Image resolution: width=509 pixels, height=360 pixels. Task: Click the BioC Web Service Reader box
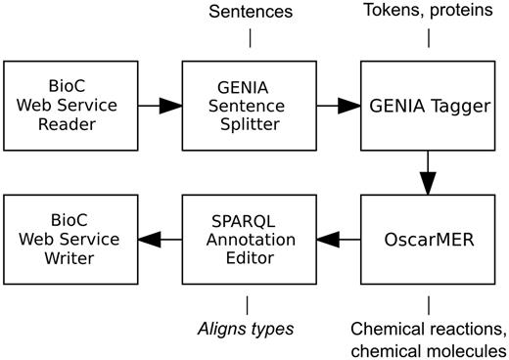[69, 105]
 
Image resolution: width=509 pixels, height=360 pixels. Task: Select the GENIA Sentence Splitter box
[250, 105]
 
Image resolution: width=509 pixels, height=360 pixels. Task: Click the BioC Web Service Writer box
[69, 240]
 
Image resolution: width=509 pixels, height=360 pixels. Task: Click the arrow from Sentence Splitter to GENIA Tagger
[339, 105]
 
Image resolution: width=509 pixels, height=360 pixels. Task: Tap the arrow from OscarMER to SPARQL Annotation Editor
[339, 240]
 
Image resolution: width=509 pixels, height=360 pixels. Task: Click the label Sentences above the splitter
[250, 12]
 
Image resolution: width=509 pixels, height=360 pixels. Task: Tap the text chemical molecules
[430, 348]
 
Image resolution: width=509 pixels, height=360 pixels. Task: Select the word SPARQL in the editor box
[248, 218]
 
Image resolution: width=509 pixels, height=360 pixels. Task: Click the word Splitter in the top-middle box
[250, 126]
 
